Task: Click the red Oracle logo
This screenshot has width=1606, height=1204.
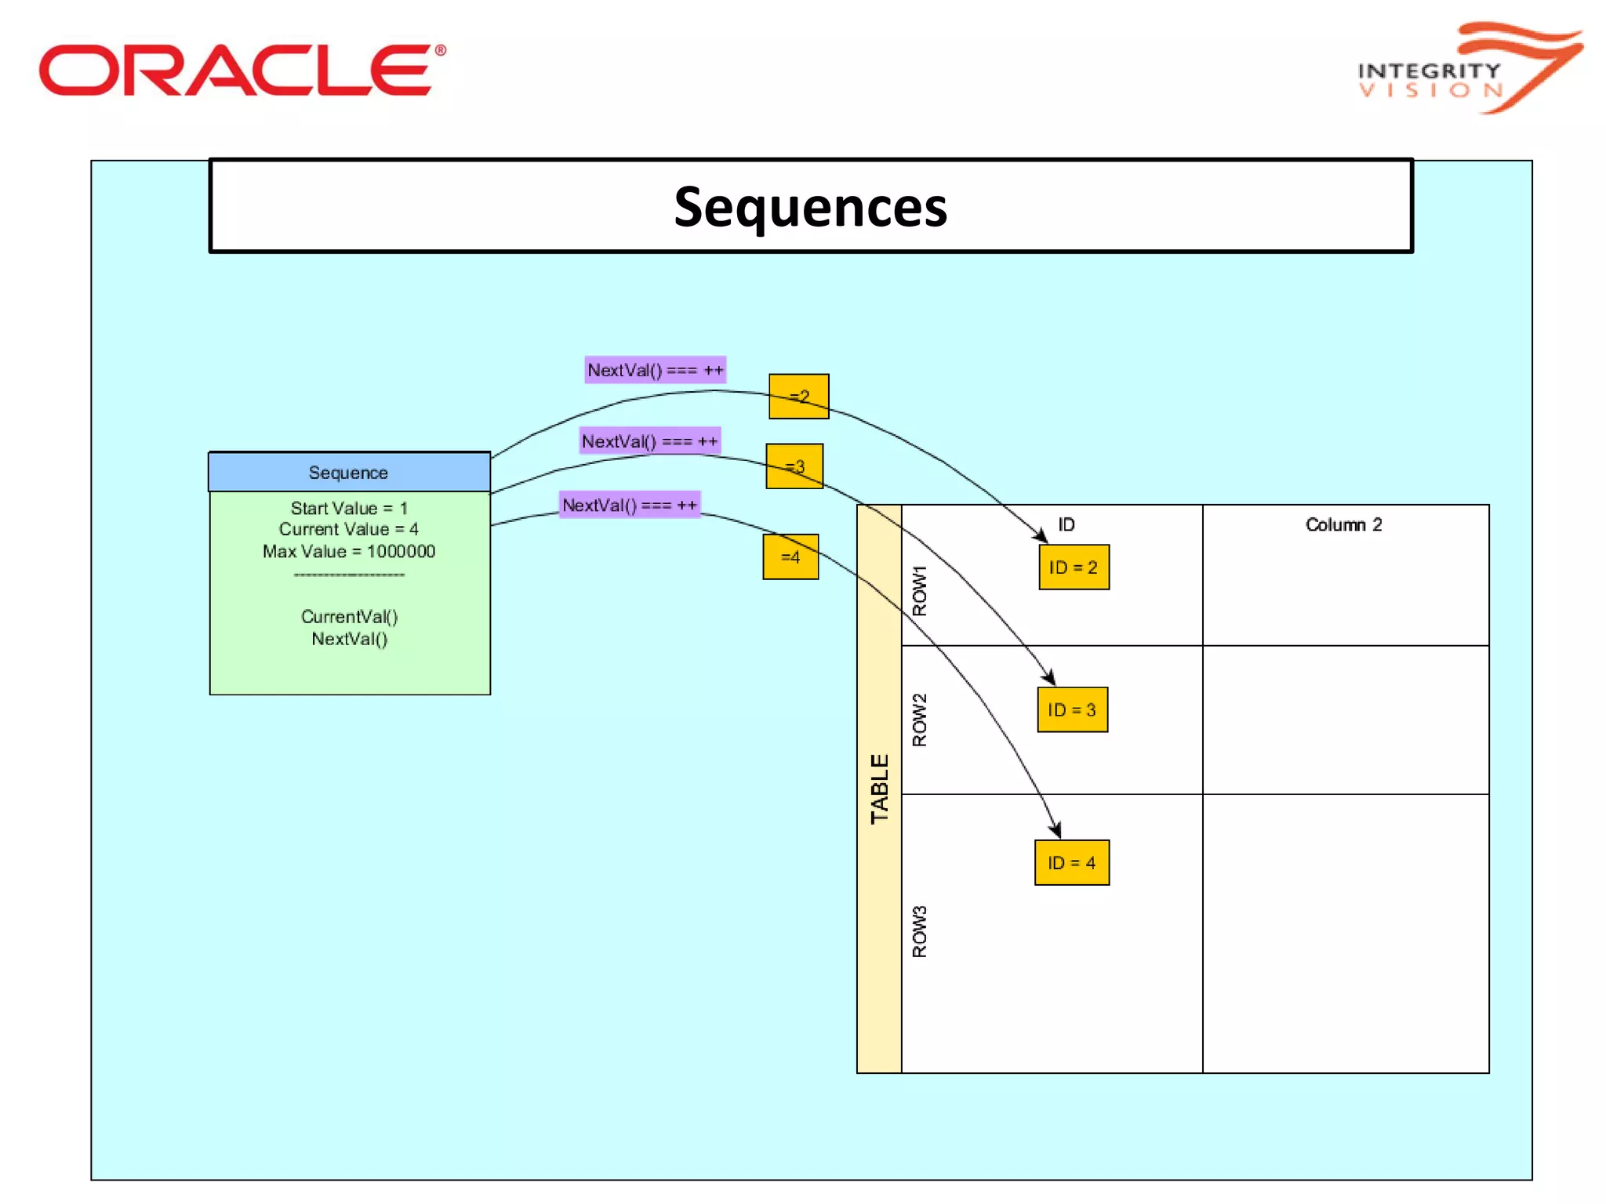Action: coord(242,71)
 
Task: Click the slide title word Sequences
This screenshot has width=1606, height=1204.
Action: coord(810,208)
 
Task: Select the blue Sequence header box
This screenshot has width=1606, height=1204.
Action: coord(349,473)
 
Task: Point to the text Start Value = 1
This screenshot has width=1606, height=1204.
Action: coord(349,508)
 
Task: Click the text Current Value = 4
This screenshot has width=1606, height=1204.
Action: coord(349,529)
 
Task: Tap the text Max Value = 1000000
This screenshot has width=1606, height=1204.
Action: coord(349,551)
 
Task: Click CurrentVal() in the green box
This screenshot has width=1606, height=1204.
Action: coord(349,617)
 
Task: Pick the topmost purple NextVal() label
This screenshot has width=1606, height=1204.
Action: coord(655,370)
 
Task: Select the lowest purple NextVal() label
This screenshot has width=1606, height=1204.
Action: coord(630,505)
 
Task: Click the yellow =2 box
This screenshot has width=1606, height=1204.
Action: coord(798,397)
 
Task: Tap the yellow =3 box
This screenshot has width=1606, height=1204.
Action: coord(794,466)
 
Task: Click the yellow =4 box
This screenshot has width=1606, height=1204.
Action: coord(790,557)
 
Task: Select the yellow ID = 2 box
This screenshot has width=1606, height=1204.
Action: coord(1074,568)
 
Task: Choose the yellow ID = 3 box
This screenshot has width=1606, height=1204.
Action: coord(1072,710)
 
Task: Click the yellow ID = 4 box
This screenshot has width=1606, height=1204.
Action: coord(1071,863)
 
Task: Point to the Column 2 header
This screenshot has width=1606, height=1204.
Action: coord(1343,524)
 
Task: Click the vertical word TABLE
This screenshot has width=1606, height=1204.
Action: coord(879,789)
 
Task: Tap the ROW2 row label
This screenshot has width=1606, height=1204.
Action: coord(919,720)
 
